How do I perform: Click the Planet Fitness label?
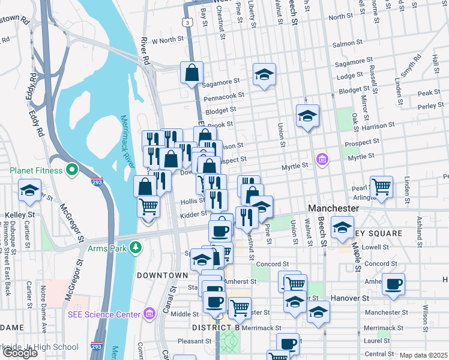coord(35,170)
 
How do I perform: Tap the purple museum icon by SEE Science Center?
coord(148,314)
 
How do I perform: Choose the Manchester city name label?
coord(333,208)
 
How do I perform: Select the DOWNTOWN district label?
coord(162,275)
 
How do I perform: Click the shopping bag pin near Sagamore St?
coord(191,74)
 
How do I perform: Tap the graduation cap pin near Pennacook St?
coord(264,74)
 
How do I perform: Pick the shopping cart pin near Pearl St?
coord(381,187)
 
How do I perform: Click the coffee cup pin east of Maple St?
coord(394,284)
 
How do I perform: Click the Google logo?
coord(20,352)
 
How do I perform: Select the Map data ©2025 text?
coord(423,355)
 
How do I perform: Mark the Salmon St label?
coord(344,44)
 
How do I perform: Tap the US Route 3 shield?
coord(188,22)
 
